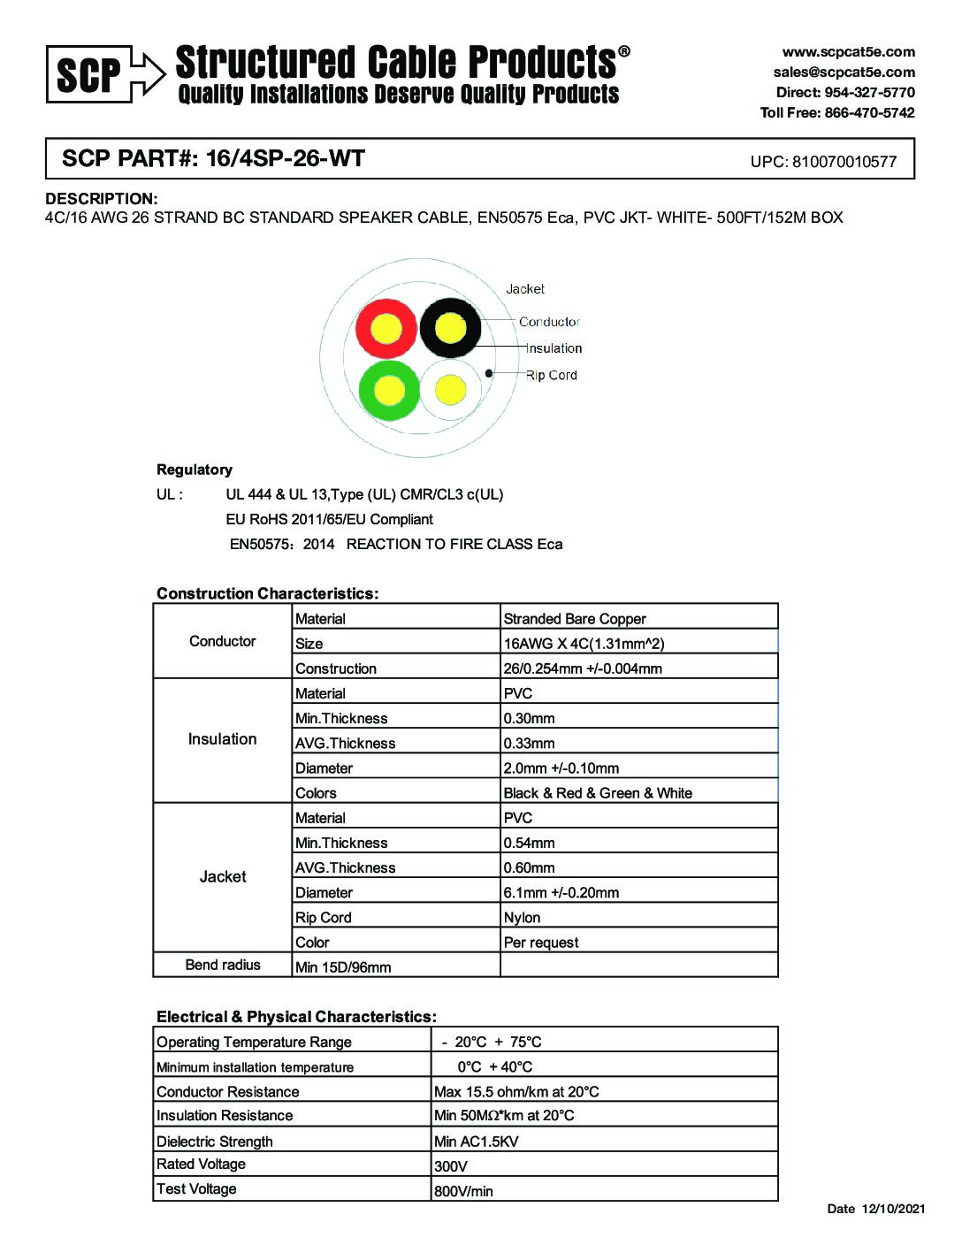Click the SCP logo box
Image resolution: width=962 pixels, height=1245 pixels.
[x=89, y=74]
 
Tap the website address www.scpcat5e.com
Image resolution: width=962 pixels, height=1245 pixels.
[x=848, y=52]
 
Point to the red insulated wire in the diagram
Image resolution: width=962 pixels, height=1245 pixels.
[x=386, y=329]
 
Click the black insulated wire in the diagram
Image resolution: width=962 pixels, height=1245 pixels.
[x=450, y=329]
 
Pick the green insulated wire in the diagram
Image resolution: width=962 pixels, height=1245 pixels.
[x=389, y=390]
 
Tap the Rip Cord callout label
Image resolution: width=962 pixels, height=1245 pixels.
[x=551, y=375]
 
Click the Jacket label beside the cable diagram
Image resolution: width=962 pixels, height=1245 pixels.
[x=525, y=289]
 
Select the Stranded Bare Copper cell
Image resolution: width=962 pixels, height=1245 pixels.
[x=575, y=619]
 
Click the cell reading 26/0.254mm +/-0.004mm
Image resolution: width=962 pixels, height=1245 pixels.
[x=583, y=668]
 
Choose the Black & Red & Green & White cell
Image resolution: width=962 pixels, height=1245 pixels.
[x=598, y=793]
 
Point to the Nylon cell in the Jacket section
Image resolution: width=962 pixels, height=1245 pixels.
[x=522, y=918]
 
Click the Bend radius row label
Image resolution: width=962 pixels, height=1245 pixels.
[x=223, y=965]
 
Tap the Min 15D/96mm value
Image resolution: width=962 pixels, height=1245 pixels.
[x=343, y=967]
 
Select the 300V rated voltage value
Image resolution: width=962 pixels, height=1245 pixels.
[x=451, y=1166]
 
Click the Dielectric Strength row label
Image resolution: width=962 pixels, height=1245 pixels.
[x=215, y=1142]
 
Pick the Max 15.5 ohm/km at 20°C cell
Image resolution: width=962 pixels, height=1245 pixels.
[x=516, y=1092]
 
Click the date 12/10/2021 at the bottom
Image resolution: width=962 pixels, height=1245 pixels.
[x=893, y=1209]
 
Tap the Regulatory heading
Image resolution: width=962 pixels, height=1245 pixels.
[x=195, y=470]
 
